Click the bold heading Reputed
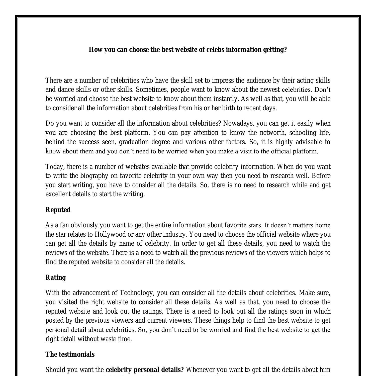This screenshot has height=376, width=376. (x=58, y=210)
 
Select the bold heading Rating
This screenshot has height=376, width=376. (x=56, y=277)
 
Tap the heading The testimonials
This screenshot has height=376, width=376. (x=70, y=354)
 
